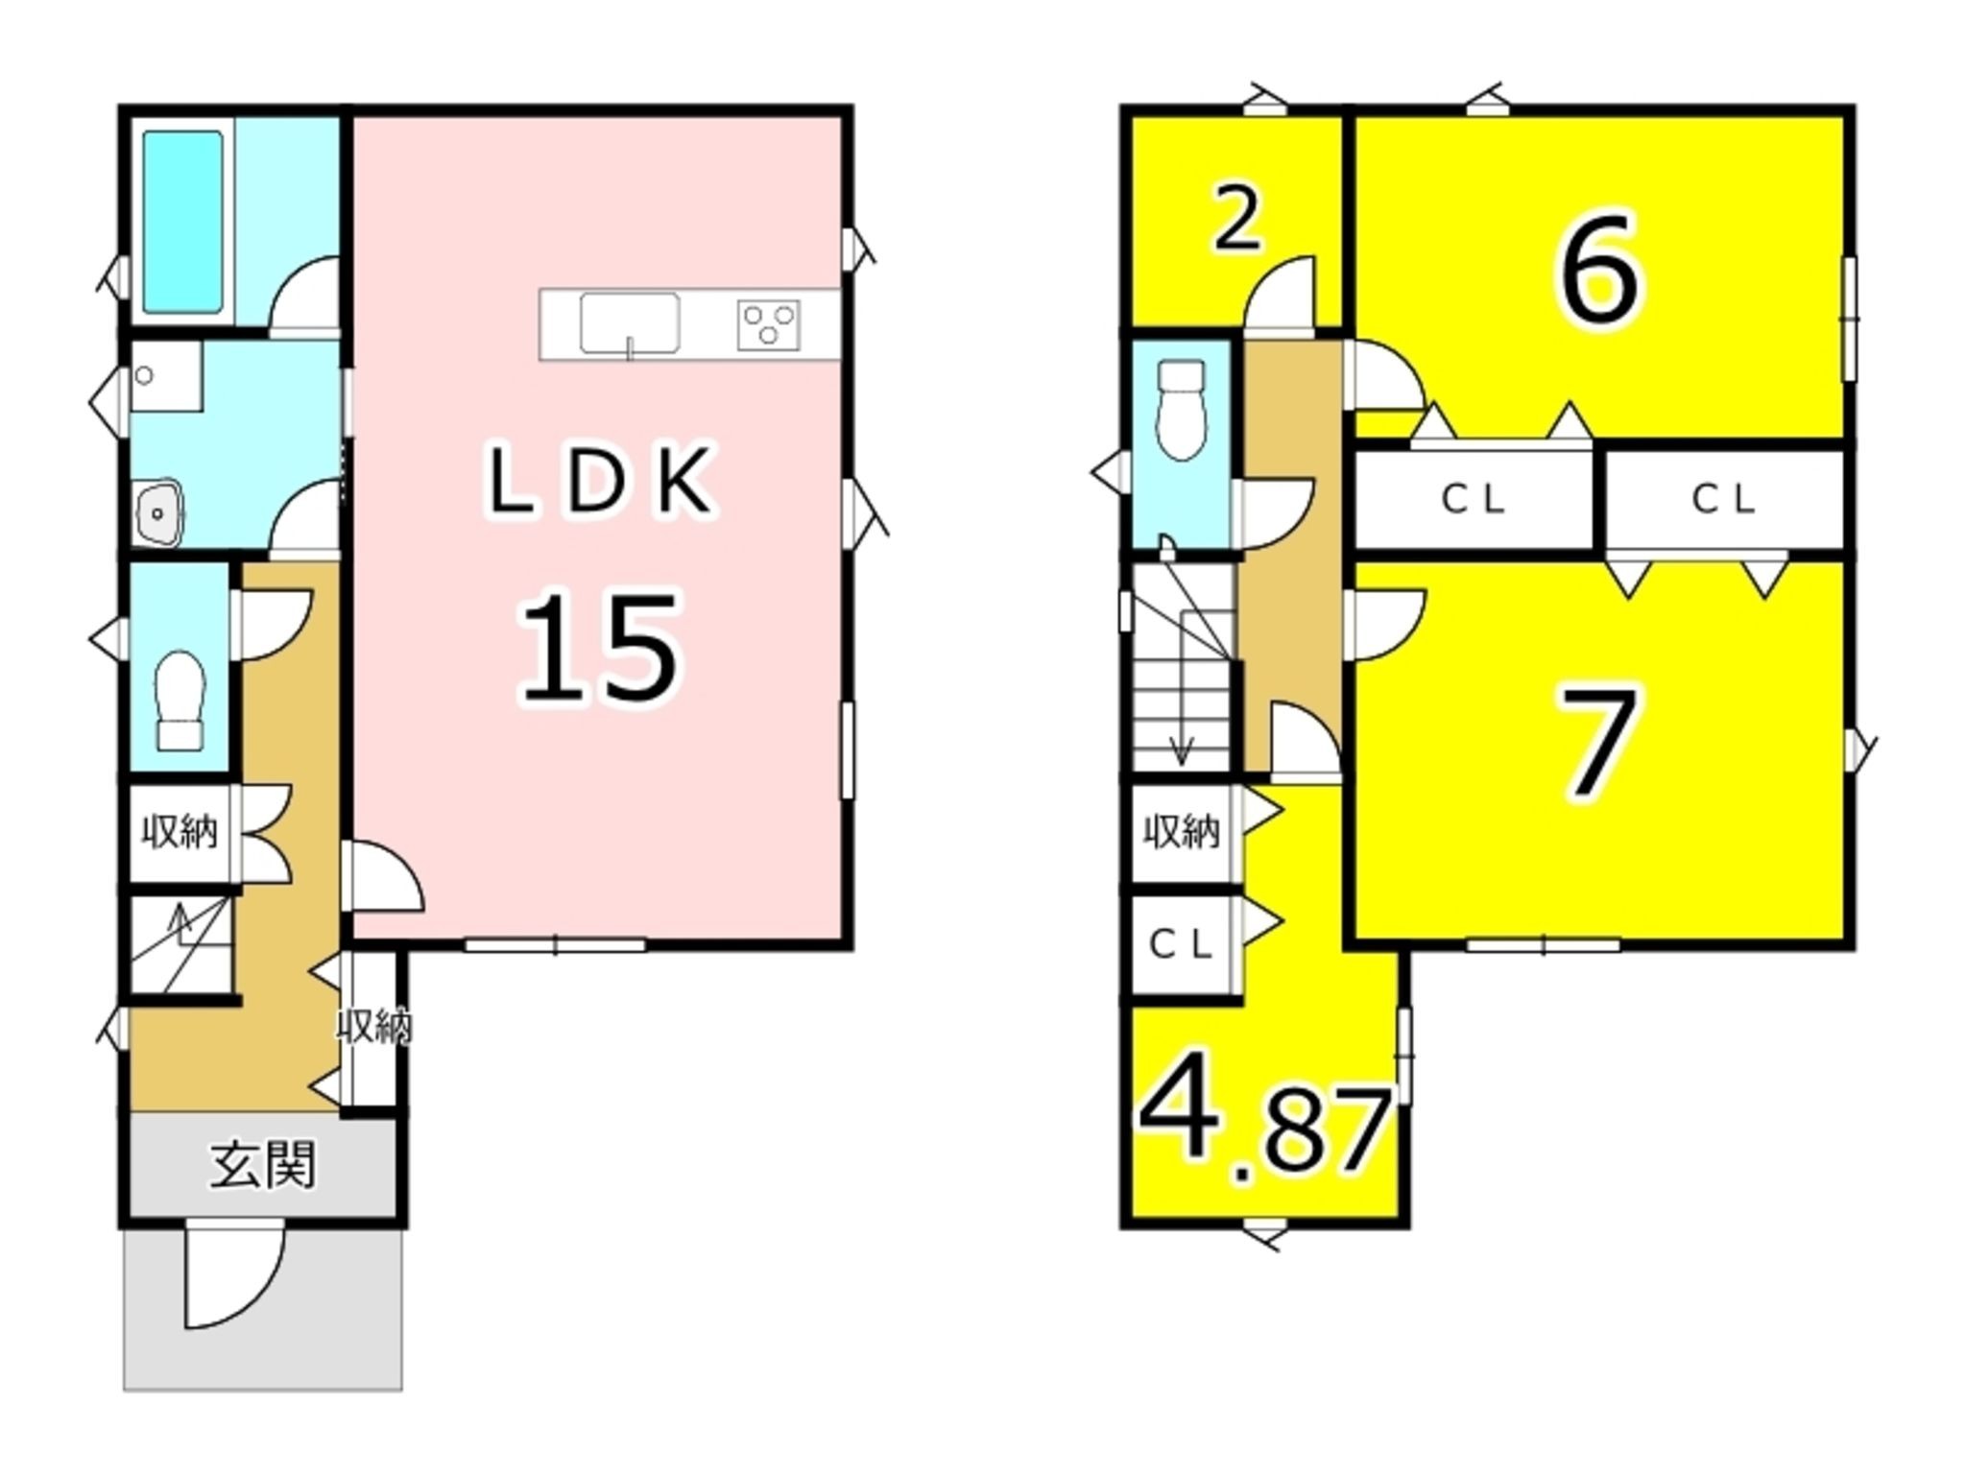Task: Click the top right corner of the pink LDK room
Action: click(842, 117)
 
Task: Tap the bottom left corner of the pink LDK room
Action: click(353, 939)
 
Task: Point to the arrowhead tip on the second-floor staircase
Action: click(1181, 764)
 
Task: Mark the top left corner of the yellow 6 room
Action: click(1355, 117)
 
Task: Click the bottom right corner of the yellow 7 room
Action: click(1843, 939)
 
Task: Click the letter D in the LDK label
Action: click(600, 480)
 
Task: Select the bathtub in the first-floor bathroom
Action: click(183, 222)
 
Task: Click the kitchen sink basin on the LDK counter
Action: click(629, 323)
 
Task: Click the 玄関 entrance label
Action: click(262, 1166)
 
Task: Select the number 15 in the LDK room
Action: click(599, 647)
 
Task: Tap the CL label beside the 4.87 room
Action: click(1182, 945)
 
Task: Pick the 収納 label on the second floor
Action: click(1182, 831)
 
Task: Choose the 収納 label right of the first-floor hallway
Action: click(374, 1027)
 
